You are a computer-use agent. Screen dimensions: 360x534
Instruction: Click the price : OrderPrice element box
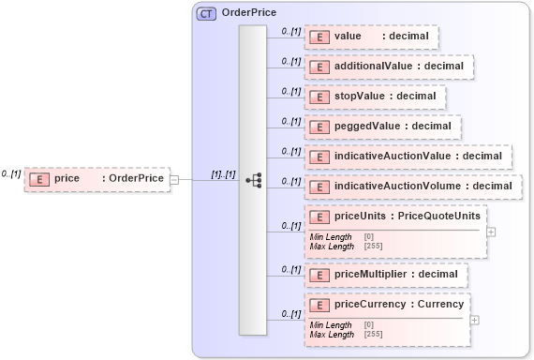coord(96,178)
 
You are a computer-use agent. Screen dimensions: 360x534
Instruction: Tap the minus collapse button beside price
coord(174,178)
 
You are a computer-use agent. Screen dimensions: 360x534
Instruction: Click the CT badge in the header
coord(205,13)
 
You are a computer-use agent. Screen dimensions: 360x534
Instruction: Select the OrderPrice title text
coord(248,13)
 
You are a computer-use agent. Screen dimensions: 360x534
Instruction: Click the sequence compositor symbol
coord(253,179)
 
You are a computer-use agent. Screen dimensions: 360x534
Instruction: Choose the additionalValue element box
coord(389,67)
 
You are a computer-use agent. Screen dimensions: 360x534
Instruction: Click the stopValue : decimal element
coord(375,97)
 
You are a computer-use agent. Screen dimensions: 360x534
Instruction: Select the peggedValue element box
coord(382,126)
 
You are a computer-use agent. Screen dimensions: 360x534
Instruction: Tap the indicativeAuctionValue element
coord(408,156)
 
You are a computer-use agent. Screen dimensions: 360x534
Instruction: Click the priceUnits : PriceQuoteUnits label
coord(408,216)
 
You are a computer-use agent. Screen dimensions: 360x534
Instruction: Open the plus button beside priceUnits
coord(491,231)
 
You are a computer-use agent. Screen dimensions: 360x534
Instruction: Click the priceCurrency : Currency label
coord(399,304)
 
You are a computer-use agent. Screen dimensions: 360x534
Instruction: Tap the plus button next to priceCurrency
coord(474,319)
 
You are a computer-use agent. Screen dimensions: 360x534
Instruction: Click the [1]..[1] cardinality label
coord(223,174)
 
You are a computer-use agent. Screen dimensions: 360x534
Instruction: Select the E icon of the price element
coord(39,178)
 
